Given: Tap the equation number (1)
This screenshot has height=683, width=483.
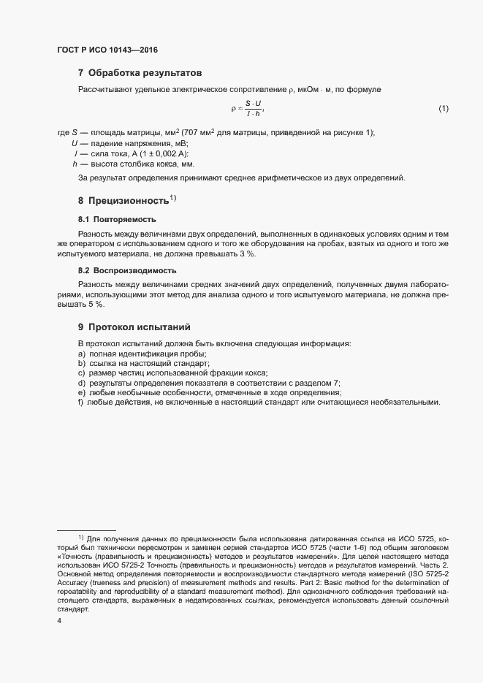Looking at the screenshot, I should tap(443, 109).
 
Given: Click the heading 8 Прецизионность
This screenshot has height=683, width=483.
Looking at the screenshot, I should tap(126, 200).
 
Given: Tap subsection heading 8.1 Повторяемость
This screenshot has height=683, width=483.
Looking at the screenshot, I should tap(117, 219).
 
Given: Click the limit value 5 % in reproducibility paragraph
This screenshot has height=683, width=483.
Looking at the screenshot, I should tap(96, 303).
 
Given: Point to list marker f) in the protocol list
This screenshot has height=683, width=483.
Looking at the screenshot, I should tap(81, 402).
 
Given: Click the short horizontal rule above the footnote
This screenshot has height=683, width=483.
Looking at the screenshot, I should tap(86, 530).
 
